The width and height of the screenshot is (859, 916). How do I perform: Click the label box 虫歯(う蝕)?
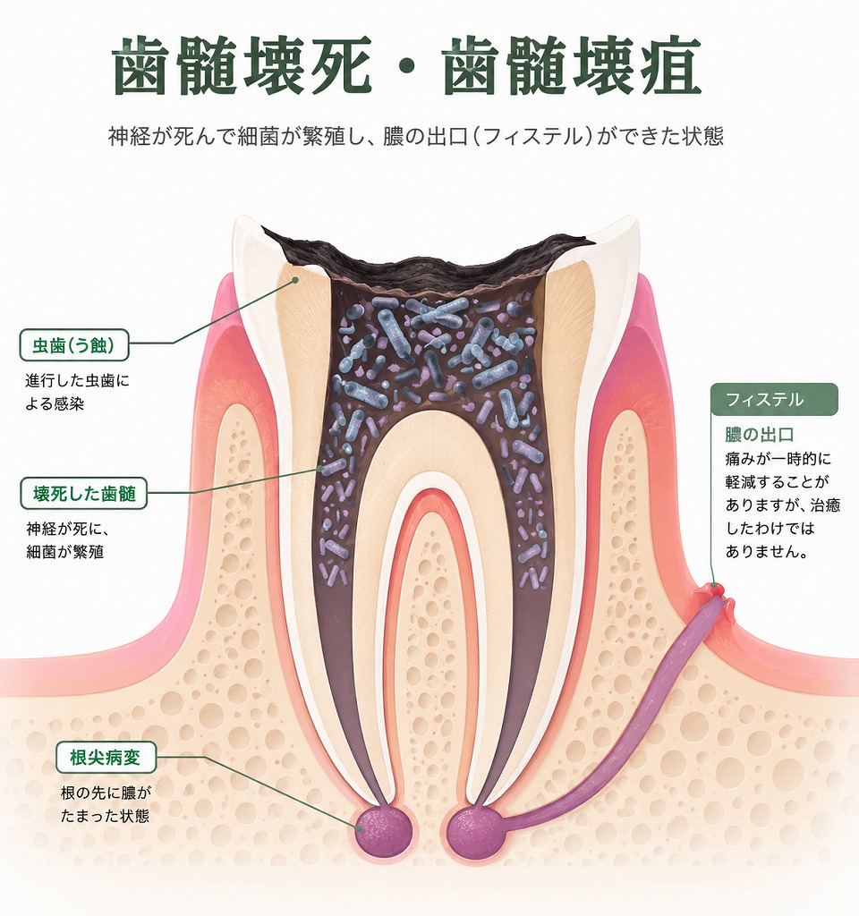click(x=74, y=345)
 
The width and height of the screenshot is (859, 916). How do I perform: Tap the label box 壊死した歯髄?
click(x=83, y=493)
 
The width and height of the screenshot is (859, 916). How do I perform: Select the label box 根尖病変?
click(x=106, y=758)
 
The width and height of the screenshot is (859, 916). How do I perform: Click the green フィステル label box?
click(x=774, y=400)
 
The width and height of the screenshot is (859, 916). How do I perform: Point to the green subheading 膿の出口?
click(x=760, y=435)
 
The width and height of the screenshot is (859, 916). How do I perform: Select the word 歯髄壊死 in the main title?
click(x=242, y=65)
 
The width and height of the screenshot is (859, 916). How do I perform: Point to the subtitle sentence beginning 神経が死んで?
click(x=416, y=136)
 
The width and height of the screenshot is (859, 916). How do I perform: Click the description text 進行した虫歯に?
click(x=77, y=381)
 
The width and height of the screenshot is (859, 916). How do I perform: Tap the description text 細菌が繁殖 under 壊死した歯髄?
click(x=64, y=552)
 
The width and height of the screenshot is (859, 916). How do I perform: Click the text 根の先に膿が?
click(x=106, y=793)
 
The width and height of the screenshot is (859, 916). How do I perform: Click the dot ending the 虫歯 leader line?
click(x=295, y=280)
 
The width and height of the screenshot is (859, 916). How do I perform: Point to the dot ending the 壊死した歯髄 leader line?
click(x=319, y=469)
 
